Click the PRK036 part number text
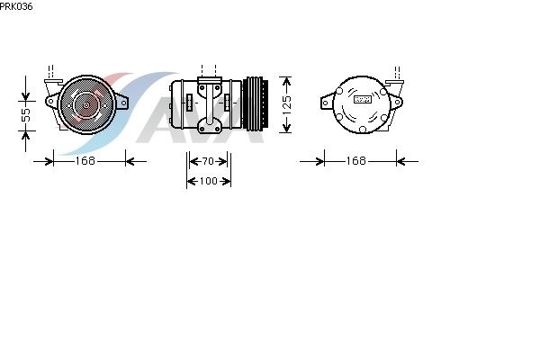click(16, 6)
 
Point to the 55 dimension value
click(26, 115)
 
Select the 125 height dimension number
click(286, 105)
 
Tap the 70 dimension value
click(208, 161)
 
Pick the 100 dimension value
click(209, 181)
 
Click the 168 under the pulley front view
click(85, 161)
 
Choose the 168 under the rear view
click(355, 161)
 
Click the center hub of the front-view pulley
click(86, 104)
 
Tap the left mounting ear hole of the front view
click(51, 102)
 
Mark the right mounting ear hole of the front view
click(123, 103)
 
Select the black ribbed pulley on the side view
click(256, 103)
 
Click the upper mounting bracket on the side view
click(209, 86)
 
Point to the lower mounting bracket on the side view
click(209, 126)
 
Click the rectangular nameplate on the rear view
click(363, 99)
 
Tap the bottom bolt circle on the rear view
click(363, 130)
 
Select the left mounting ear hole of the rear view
click(326, 103)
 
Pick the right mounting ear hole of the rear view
click(397, 103)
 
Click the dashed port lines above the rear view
click(397, 73)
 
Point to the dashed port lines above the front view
click(50, 72)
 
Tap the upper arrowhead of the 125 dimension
click(286, 82)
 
